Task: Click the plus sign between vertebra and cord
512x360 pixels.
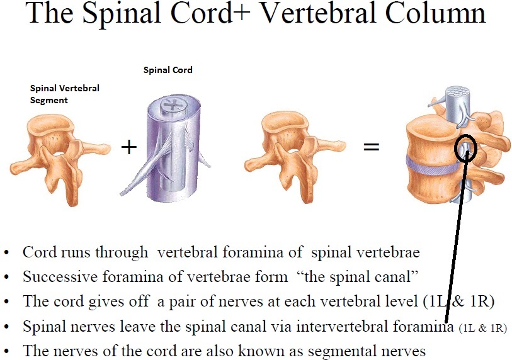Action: pos(128,147)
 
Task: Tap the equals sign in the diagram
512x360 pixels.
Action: pos(371,147)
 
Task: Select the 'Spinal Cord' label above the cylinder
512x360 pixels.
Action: pos(168,70)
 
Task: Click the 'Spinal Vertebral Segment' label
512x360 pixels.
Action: pos(64,94)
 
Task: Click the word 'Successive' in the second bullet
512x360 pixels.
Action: pos(54,276)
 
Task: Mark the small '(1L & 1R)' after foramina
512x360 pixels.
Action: pos(482,328)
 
